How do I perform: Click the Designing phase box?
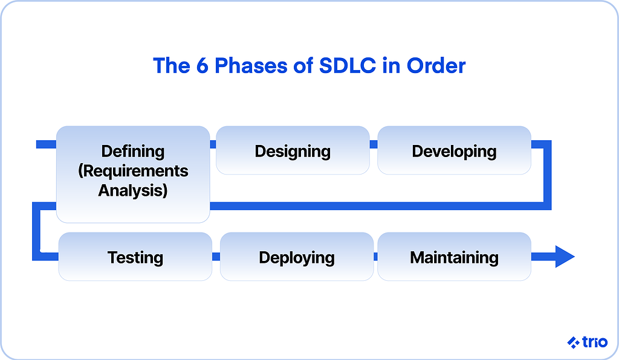(x=293, y=150)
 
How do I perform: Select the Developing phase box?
(x=454, y=150)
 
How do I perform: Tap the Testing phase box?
(x=135, y=257)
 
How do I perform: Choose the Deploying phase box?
(x=296, y=257)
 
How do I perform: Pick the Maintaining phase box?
(x=454, y=257)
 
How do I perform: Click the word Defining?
(x=133, y=151)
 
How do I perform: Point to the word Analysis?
(x=133, y=191)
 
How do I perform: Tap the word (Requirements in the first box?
(x=133, y=171)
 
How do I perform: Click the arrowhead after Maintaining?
(x=564, y=257)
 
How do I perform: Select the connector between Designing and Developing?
(x=374, y=144)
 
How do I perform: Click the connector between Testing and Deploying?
(x=216, y=257)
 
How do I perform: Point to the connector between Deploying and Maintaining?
(x=375, y=257)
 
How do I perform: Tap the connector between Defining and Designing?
(x=213, y=144)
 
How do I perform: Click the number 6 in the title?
(x=201, y=65)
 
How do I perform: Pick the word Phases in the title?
(x=254, y=65)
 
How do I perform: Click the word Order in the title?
(x=436, y=65)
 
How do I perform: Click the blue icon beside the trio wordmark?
(x=573, y=342)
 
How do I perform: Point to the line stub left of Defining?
(x=46, y=144)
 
